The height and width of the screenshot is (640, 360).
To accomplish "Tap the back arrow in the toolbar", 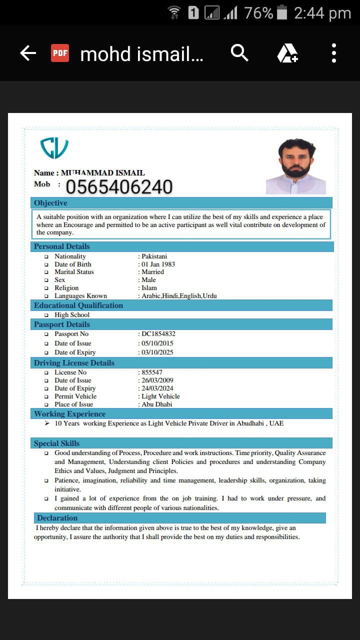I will (x=28, y=53).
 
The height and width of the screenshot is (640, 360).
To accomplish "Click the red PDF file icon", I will (x=60, y=53).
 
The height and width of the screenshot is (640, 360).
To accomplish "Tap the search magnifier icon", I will (x=239, y=52).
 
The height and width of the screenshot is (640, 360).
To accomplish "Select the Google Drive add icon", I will (x=287, y=53).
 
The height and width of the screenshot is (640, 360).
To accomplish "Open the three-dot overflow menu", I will (x=334, y=53).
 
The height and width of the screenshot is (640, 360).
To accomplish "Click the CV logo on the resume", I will (x=54, y=148).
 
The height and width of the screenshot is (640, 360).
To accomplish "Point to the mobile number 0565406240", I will (x=119, y=187).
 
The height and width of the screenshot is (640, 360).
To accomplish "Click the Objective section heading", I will (x=50, y=203).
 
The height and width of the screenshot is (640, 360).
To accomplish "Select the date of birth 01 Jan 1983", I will (x=158, y=264).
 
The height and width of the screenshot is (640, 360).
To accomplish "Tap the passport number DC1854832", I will (x=158, y=333).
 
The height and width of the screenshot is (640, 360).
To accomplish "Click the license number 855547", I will (x=152, y=372).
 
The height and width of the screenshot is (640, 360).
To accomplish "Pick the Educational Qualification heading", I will (x=78, y=305).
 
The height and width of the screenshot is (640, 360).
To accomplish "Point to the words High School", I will (x=72, y=314).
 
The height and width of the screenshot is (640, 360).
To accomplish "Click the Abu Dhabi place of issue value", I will (x=157, y=404).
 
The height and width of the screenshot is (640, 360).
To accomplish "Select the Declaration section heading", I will (x=57, y=518).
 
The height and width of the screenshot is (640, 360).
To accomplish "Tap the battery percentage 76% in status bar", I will (x=258, y=13).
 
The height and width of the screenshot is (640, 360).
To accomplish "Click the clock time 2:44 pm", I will (x=322, y=13).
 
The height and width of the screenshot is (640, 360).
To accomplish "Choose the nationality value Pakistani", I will (x=154, y=256).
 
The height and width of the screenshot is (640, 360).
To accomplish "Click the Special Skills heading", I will (x=56, y=443).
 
